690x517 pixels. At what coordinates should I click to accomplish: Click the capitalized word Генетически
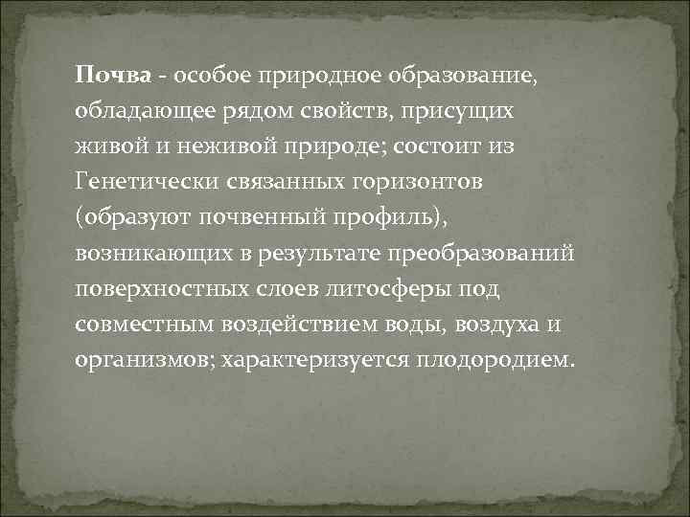coord(148,181)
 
